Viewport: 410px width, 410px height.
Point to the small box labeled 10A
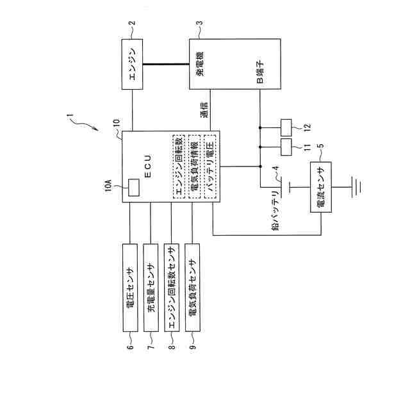pyautogui.click(x=134, y=188)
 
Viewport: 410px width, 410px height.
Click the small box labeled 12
pyautogui.click(x=286, y=127)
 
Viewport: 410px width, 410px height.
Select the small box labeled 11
pyautogui.click(x=286, y=147)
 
